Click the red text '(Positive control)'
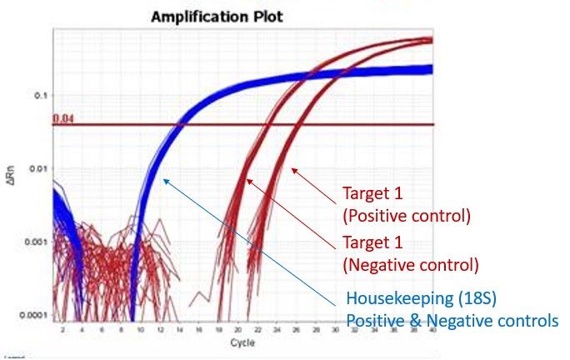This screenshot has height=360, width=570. [407, 216]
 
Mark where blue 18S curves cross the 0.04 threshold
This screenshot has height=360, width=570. [183, 124]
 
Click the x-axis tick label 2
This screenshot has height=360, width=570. [62, 330]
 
